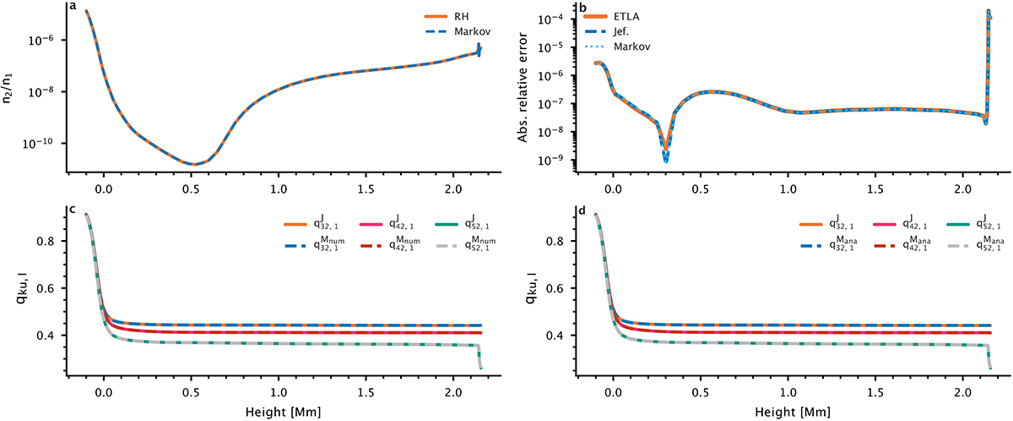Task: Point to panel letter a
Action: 74,8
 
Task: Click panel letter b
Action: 583,8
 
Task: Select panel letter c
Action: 74,210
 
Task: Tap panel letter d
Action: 583,210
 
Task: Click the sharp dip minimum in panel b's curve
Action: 665,159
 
